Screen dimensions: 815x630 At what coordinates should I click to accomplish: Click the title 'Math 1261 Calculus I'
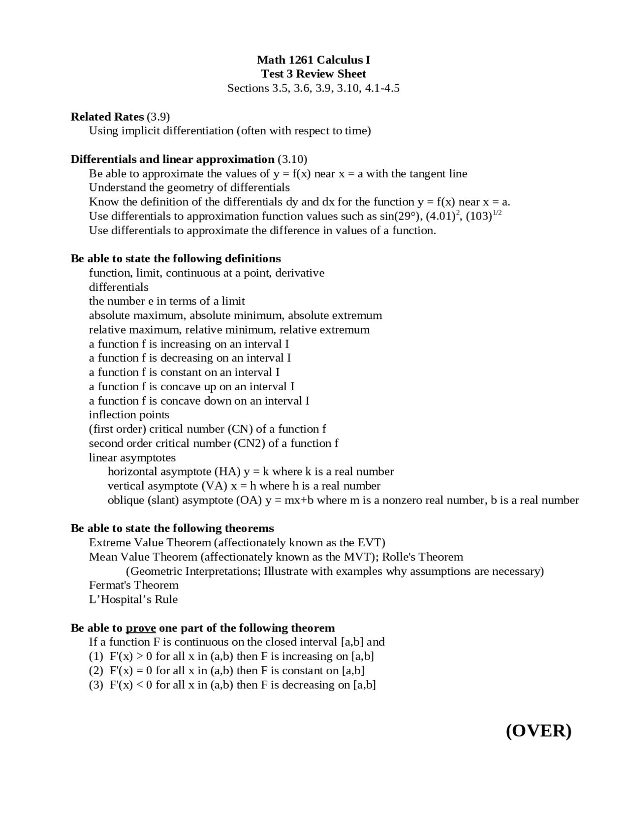tap(313, 60)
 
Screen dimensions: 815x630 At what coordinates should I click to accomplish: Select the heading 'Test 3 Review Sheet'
tap(313, 74)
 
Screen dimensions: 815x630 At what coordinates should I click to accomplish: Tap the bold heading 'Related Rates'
tap(107, 117)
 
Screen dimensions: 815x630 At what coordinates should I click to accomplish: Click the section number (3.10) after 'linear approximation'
tap(292, 159)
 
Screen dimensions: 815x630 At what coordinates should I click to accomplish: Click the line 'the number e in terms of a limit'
tap(167, 301)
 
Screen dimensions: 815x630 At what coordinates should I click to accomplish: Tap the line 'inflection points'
tap(129, 415)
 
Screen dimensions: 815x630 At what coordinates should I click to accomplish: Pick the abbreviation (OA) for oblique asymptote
tap(249, 501)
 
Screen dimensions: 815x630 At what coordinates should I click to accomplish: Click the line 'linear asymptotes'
tap(132, 458)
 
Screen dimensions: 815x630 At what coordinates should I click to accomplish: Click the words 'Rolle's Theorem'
tap(422, 557)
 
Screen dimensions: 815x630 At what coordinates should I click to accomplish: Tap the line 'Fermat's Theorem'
tap(133, 585)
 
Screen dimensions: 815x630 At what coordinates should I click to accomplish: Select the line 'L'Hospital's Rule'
tap(133, 599)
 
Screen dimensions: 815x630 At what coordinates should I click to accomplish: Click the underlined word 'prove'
tap(141, 628)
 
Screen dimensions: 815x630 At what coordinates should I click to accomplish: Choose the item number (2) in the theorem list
tap(96, 671)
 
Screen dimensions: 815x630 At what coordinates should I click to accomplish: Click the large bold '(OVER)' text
tap(538, 731)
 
